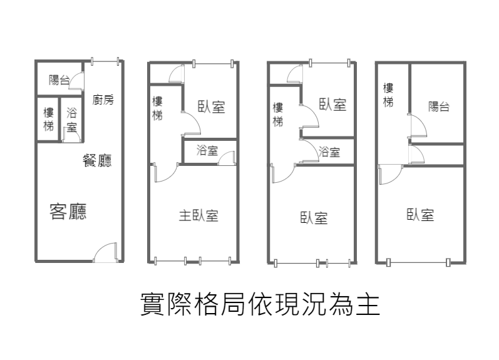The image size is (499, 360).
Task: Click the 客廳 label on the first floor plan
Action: (68, 212)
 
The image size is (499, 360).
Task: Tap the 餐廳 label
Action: (97, 160)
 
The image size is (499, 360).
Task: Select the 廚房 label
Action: (103, 100)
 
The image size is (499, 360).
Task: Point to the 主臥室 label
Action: (198, 215)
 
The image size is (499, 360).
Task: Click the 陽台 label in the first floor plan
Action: (59, 80)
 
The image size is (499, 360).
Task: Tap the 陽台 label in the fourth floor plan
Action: (439, 106)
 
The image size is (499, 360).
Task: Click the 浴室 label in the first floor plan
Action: (72, 120)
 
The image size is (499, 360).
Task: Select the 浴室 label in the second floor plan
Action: (207, 150)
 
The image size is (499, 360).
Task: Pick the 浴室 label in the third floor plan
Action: (329, 152)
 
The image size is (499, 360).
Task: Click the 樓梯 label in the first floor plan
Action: (49, 120)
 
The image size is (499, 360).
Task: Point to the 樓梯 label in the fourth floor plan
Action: (388, 95)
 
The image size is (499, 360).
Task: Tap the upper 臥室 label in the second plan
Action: (212, 106)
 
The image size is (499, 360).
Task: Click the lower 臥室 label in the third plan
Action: (314, 218)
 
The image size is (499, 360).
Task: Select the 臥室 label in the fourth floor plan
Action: (420, 215)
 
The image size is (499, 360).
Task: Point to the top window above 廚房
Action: (105, 61)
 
